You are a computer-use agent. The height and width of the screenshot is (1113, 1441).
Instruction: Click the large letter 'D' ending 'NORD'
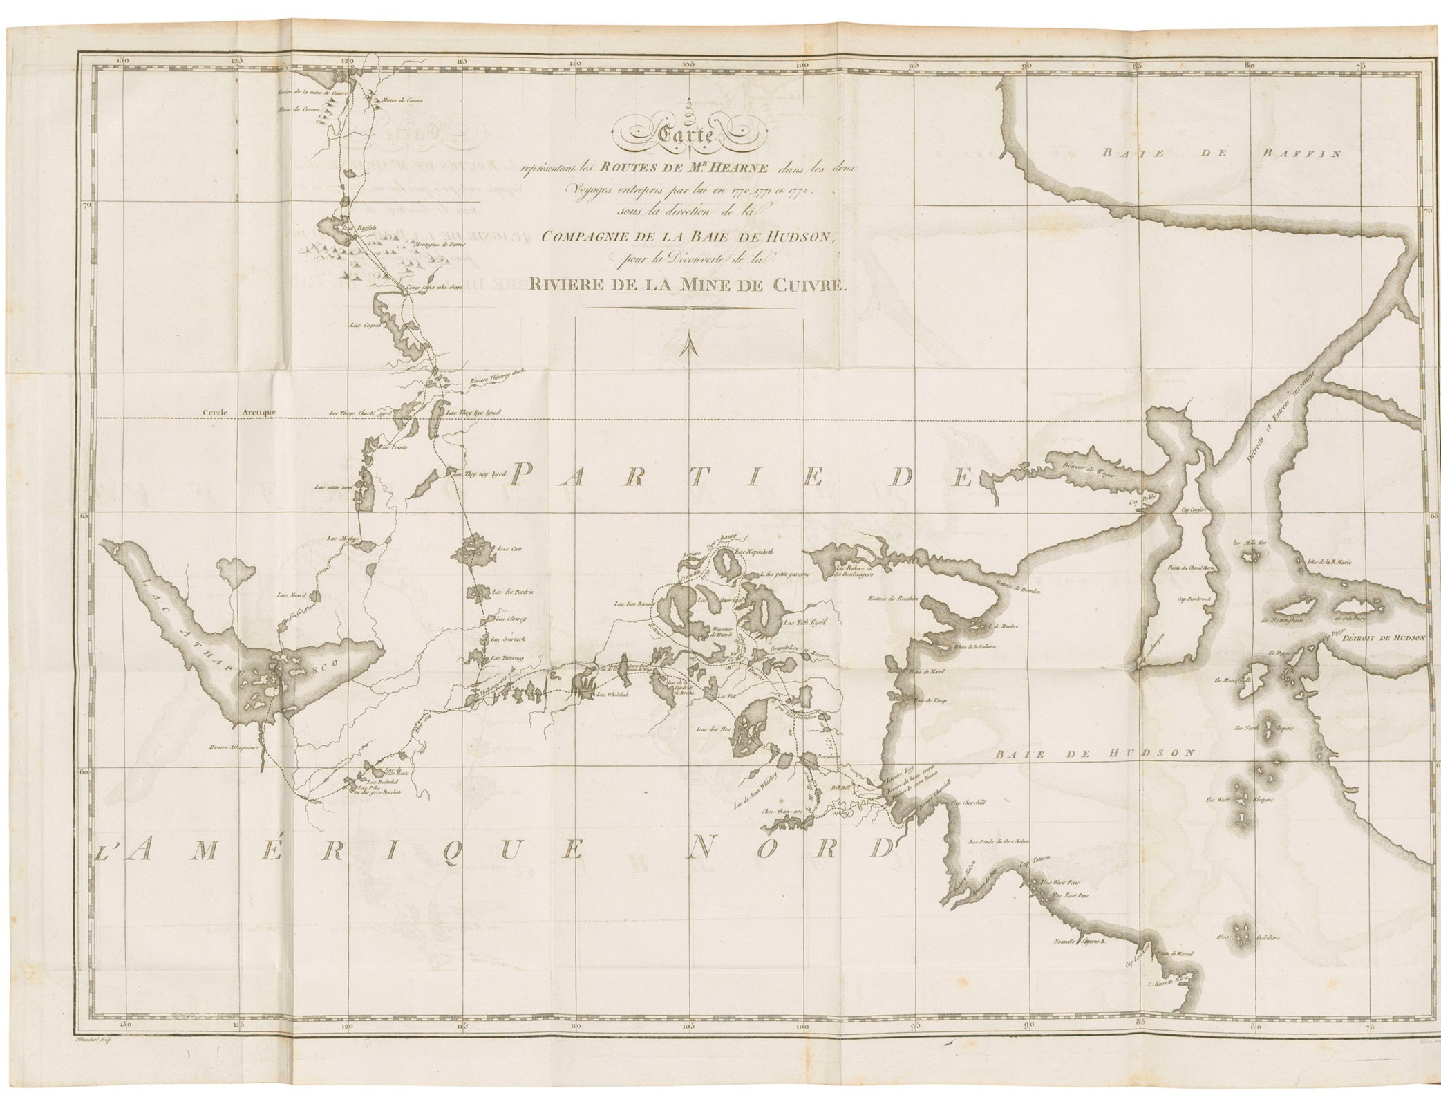coord(876,848)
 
